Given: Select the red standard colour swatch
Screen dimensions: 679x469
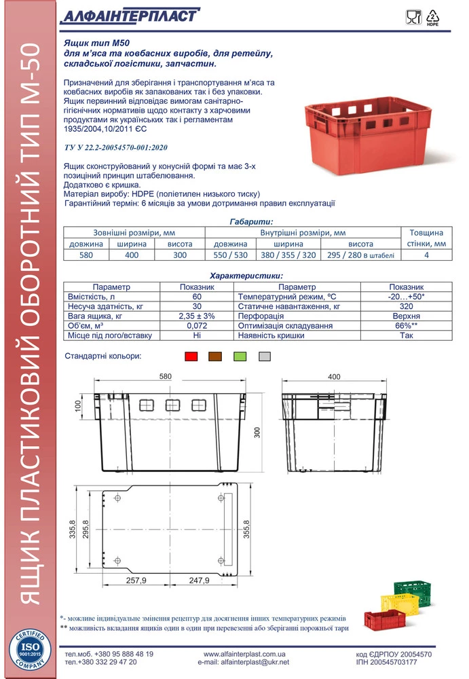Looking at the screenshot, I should click(x=191, y=356).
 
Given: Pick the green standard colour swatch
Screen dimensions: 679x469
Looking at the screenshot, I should click(x=240, y=356).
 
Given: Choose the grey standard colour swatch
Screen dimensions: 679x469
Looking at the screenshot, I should click(x=264, y=356).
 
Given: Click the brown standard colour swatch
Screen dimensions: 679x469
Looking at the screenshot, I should click(x=215, y=356).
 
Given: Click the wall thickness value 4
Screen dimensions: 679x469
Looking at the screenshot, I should click(x=426, y=255).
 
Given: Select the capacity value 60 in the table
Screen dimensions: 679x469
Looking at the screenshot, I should click(x=197, y=297).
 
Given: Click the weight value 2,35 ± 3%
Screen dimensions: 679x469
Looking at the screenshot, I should click(x=197, y=316).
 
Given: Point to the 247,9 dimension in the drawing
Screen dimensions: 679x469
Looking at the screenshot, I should click(x=199, y=582).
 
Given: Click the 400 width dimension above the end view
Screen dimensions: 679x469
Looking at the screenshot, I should click(x=333, y=377).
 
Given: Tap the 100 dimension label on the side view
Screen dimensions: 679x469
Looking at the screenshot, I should click(x=79, y=405).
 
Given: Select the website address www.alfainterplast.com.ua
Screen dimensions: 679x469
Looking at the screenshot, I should click(x=245, y=654).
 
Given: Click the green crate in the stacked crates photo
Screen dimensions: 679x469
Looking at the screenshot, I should click(x=415, y=589).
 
